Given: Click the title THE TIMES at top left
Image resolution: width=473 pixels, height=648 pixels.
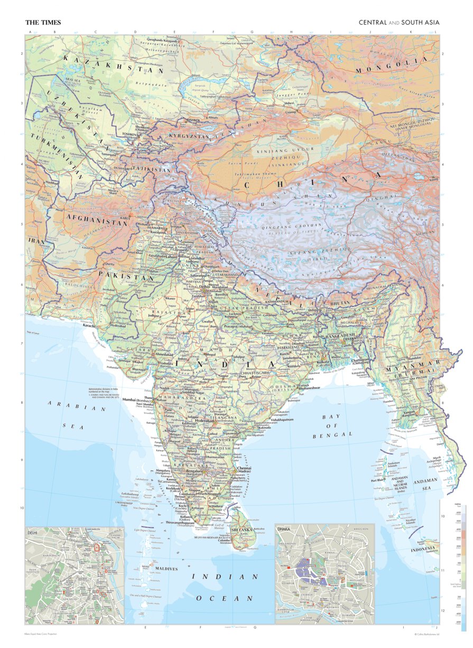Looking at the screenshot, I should pos(43,23).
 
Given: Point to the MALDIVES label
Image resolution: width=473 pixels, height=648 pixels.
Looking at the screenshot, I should pos(166,568).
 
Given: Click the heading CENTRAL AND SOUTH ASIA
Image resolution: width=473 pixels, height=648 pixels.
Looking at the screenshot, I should pos(399,23).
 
